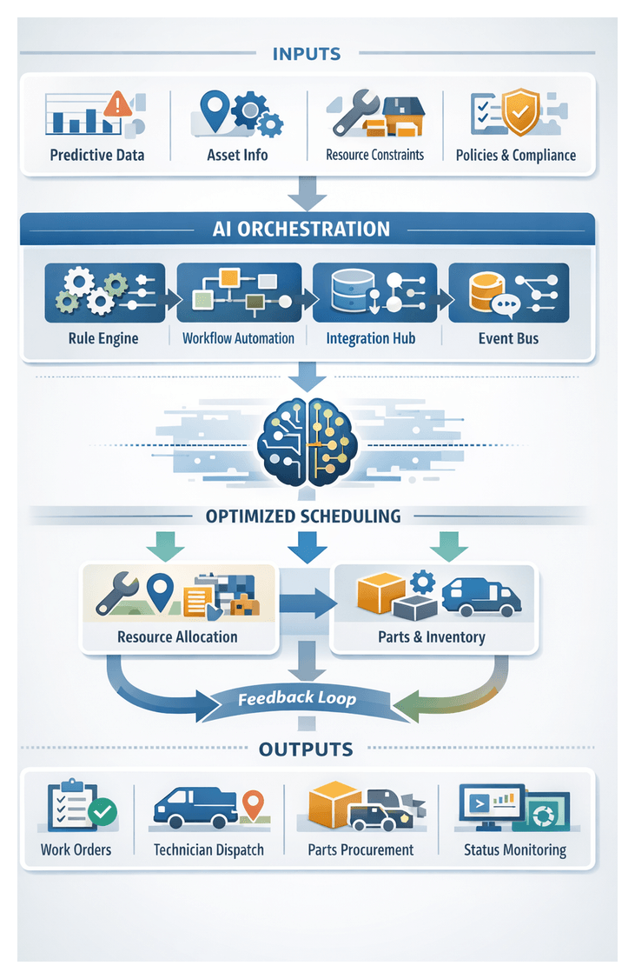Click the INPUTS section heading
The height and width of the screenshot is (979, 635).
(307, 54)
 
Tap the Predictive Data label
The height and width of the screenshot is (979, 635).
(97, 156)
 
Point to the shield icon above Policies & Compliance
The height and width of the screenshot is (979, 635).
(521, 111)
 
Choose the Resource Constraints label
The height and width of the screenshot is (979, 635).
(374, 156)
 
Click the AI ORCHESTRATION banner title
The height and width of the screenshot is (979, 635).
(301, 229)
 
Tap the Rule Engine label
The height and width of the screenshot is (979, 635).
(103, 338)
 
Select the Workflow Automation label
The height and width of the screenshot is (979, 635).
(238, 338)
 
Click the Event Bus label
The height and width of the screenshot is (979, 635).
(508, 338)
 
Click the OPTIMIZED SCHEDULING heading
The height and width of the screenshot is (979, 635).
(303, 516)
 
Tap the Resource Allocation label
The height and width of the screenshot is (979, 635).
(177, 636)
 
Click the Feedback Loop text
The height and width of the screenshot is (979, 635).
(297, 697)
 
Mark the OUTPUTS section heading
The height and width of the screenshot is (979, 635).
(306, 749)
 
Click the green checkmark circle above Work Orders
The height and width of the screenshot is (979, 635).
(103, 813)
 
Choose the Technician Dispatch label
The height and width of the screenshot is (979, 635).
(208, 849)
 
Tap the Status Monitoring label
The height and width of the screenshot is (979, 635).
(515, 849)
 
